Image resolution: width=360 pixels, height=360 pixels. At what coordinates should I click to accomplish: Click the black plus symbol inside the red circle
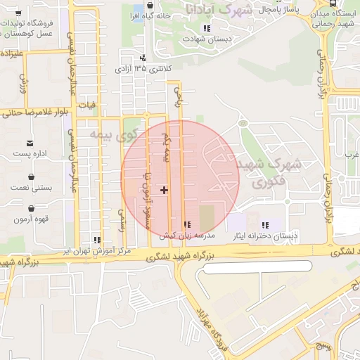click(x=165, y=189)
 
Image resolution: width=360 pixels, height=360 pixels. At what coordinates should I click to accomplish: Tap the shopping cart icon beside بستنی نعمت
click(x=32, y=177)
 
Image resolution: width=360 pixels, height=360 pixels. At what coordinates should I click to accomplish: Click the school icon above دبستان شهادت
click(x=206, y=27)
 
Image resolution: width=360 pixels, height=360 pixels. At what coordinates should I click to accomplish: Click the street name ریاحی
click(x=178, y=98)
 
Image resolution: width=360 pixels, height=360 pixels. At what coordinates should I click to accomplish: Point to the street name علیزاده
click(x=12, y=53)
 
